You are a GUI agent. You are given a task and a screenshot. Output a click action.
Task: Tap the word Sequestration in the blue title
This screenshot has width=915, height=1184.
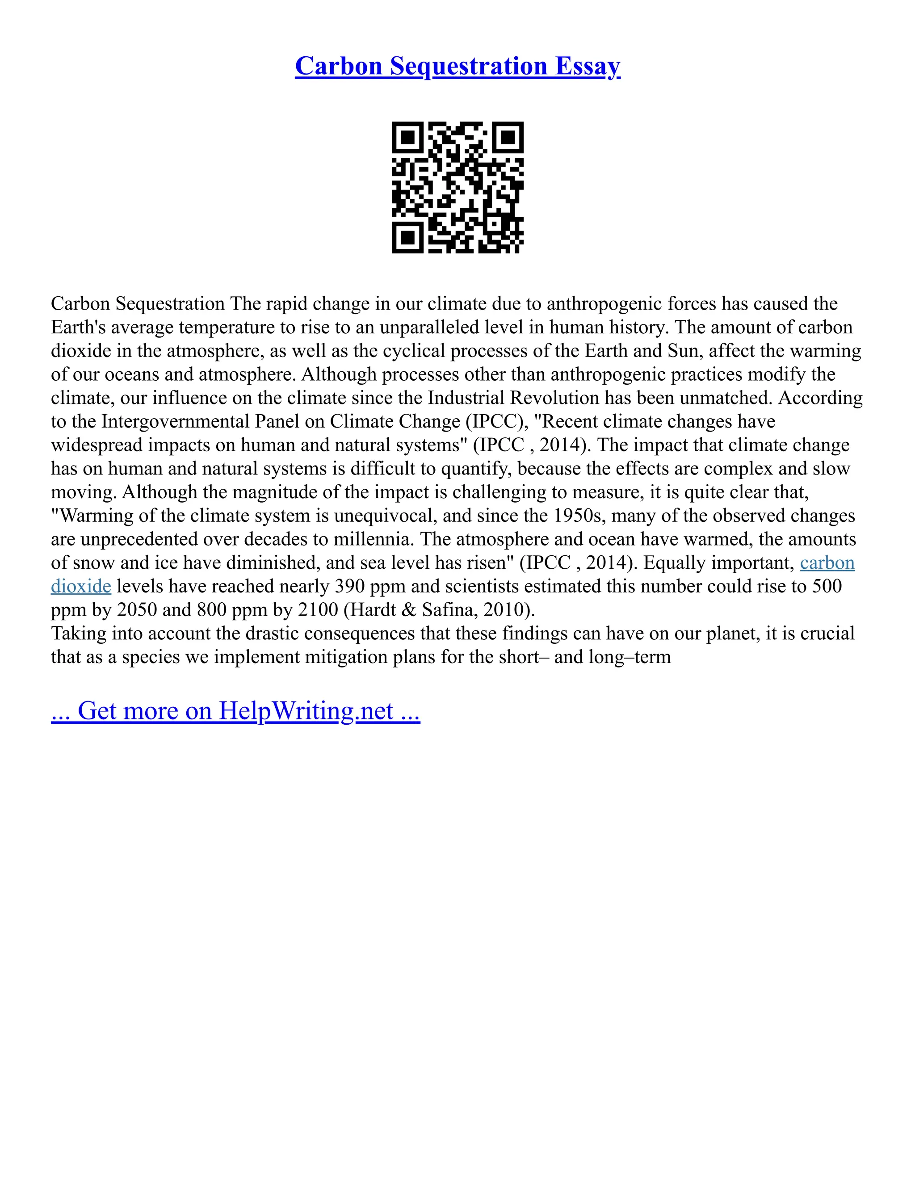coord(468,66)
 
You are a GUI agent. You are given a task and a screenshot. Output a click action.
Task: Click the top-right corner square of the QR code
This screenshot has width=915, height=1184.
coord(508,137)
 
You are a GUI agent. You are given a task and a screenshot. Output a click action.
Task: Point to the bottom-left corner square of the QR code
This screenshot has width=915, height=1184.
coord(407,237)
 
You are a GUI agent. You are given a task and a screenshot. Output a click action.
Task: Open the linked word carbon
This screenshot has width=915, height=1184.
coord(827,563)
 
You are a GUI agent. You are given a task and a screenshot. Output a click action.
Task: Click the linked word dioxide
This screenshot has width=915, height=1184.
coord(81,586)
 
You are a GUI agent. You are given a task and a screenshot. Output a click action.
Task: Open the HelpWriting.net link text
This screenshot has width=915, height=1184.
coord(306,711)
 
